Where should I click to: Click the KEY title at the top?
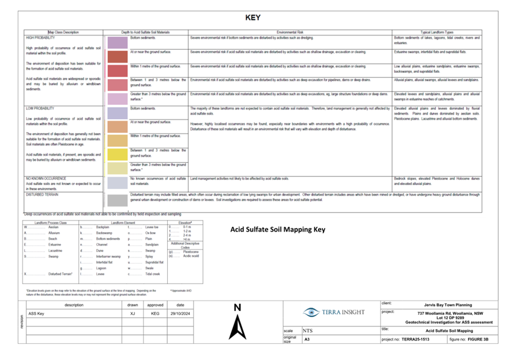point(253,18)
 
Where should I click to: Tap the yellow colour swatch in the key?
point(117,154)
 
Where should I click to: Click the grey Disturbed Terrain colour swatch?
point(117,199)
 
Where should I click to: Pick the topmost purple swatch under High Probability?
point(117,42)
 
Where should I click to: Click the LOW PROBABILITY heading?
point(40,108)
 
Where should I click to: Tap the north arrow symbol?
point(237,326)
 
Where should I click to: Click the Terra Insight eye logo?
point(312,312)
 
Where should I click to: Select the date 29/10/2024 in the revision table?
point(180,314)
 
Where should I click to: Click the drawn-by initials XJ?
point(132,314)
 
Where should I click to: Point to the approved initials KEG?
point(155,314)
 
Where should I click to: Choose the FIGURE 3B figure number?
point(477,339)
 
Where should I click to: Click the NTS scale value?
point(308,331)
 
